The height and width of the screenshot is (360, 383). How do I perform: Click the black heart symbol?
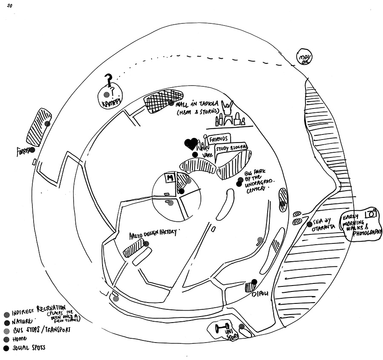point(191,144)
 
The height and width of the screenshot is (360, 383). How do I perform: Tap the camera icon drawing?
point(372,214)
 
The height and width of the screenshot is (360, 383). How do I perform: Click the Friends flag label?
point(219,138)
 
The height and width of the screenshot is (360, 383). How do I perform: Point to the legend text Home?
point(19,339)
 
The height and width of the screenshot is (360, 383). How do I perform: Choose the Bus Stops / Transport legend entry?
point(38,330)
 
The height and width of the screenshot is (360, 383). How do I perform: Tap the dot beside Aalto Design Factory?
point(146,244)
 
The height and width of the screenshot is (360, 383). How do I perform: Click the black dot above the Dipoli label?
point(254,281)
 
